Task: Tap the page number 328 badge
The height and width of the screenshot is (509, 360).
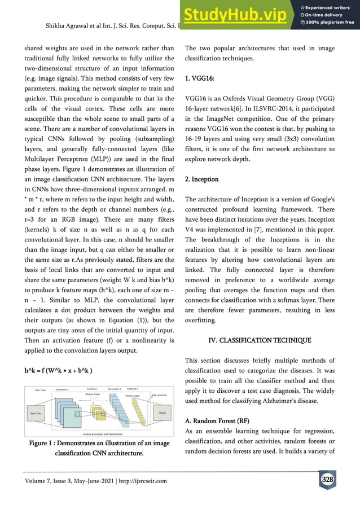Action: [327, 480]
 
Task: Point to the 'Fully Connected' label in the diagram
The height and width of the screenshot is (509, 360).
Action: [160, 394]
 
